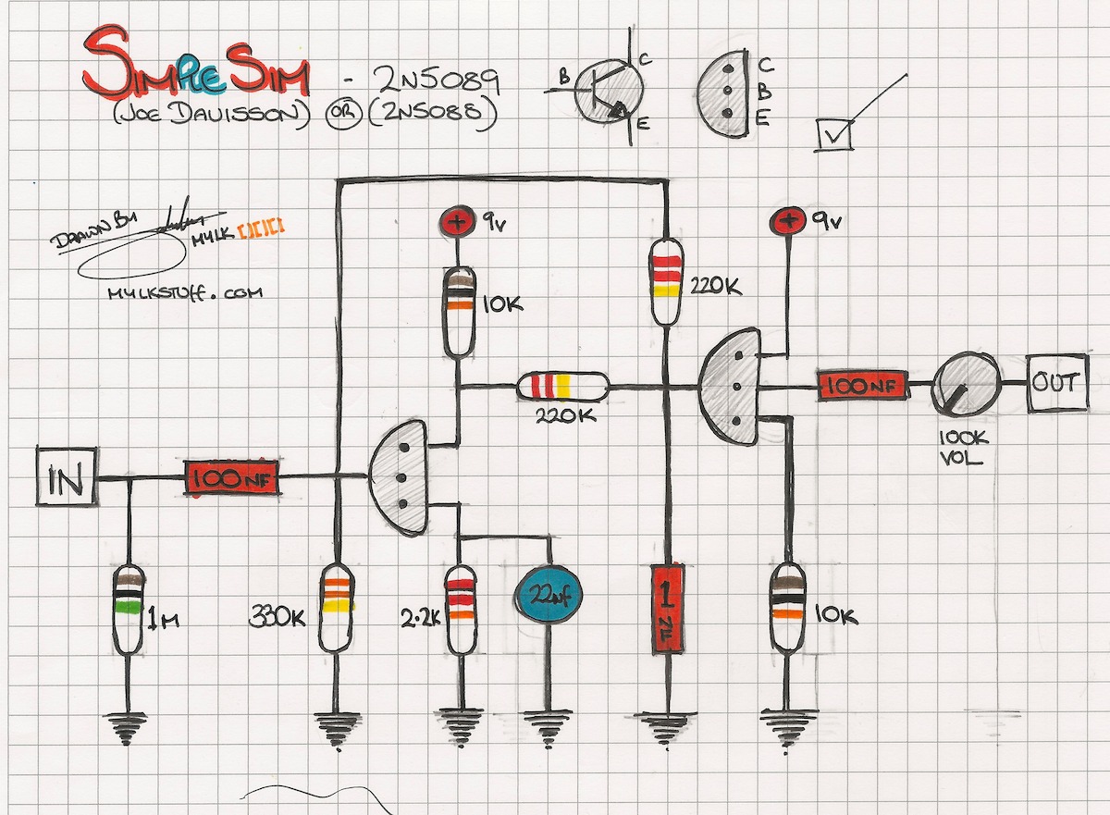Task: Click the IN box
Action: coord(67,477)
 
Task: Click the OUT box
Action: coord(1055,382)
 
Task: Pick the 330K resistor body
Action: coord(337,606)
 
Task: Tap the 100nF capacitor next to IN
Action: coord(232,479)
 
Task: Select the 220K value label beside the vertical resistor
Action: coord(715,287)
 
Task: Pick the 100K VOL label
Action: coord(961,446)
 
